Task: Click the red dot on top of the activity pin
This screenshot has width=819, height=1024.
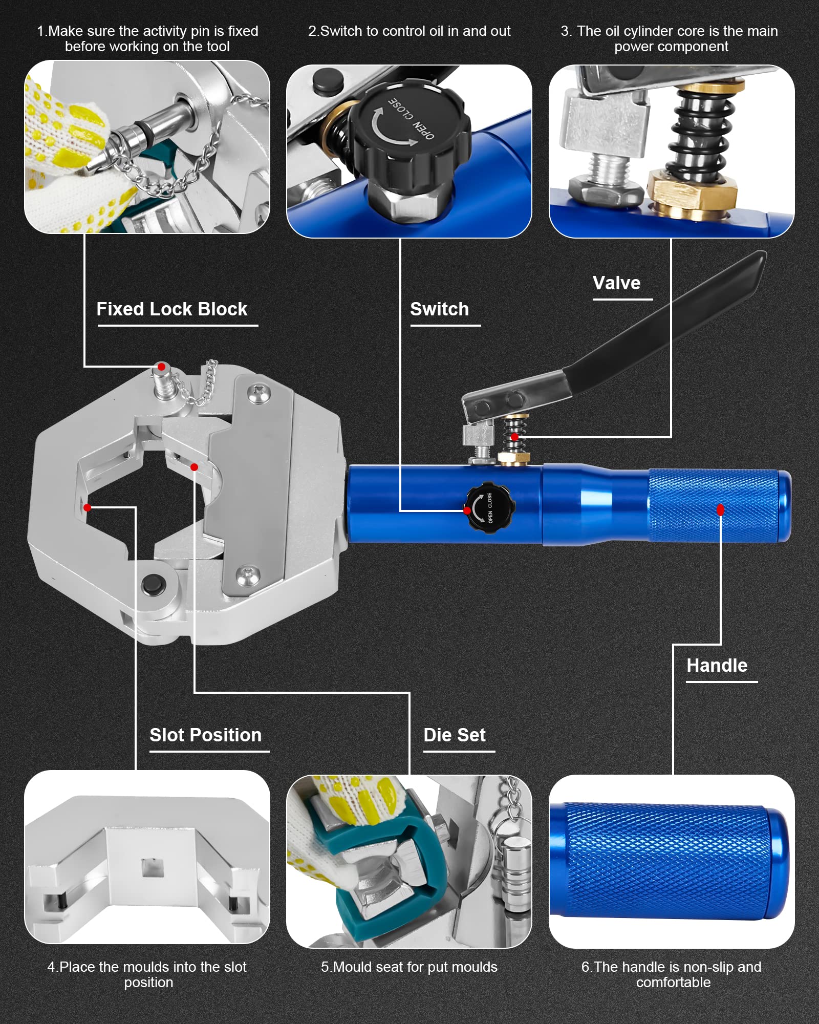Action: tap(161, 367)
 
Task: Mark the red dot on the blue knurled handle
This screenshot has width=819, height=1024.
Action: tap(721, 509)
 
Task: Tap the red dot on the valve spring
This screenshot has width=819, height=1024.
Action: tap(514, 437)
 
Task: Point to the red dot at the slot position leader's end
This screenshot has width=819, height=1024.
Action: tap(88, 507)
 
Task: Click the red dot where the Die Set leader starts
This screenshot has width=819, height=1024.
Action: tap(194, 467)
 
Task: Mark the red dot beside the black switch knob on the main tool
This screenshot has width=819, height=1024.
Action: tap(467, 510)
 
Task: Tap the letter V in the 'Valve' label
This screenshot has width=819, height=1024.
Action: tap(599, 283)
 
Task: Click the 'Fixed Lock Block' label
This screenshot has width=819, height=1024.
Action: tap(172, 309)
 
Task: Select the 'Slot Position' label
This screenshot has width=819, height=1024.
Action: tap(205, 735)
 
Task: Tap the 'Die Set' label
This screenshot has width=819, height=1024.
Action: tap(455, 735)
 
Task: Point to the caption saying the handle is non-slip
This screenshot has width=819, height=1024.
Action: tap(672, 974)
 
